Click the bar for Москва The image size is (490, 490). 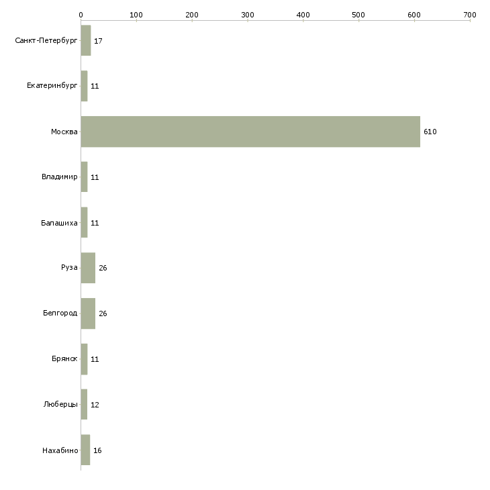point(250,132)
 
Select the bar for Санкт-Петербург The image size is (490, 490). point(86,40)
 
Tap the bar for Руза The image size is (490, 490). point(88,268)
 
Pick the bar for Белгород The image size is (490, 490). point(88,313)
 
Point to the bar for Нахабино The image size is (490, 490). point(85,450)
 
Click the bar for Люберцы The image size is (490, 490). point(84,404)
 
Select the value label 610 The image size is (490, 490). point(430,132)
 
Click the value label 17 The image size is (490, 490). point(98,41)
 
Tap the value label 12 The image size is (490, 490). point(95,405)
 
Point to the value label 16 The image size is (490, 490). point(97,450)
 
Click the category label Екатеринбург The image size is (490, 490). point(52,86)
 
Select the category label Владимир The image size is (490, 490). point(59,177)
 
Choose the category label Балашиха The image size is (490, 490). point(59,223)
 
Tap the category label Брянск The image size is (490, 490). point(64,358)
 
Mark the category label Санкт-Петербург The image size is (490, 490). point(46,41)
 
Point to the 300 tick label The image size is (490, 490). point(248,15)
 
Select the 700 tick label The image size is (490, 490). point(470,15)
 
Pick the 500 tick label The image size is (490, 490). point(358,15)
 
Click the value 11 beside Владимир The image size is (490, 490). point(95,177)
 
